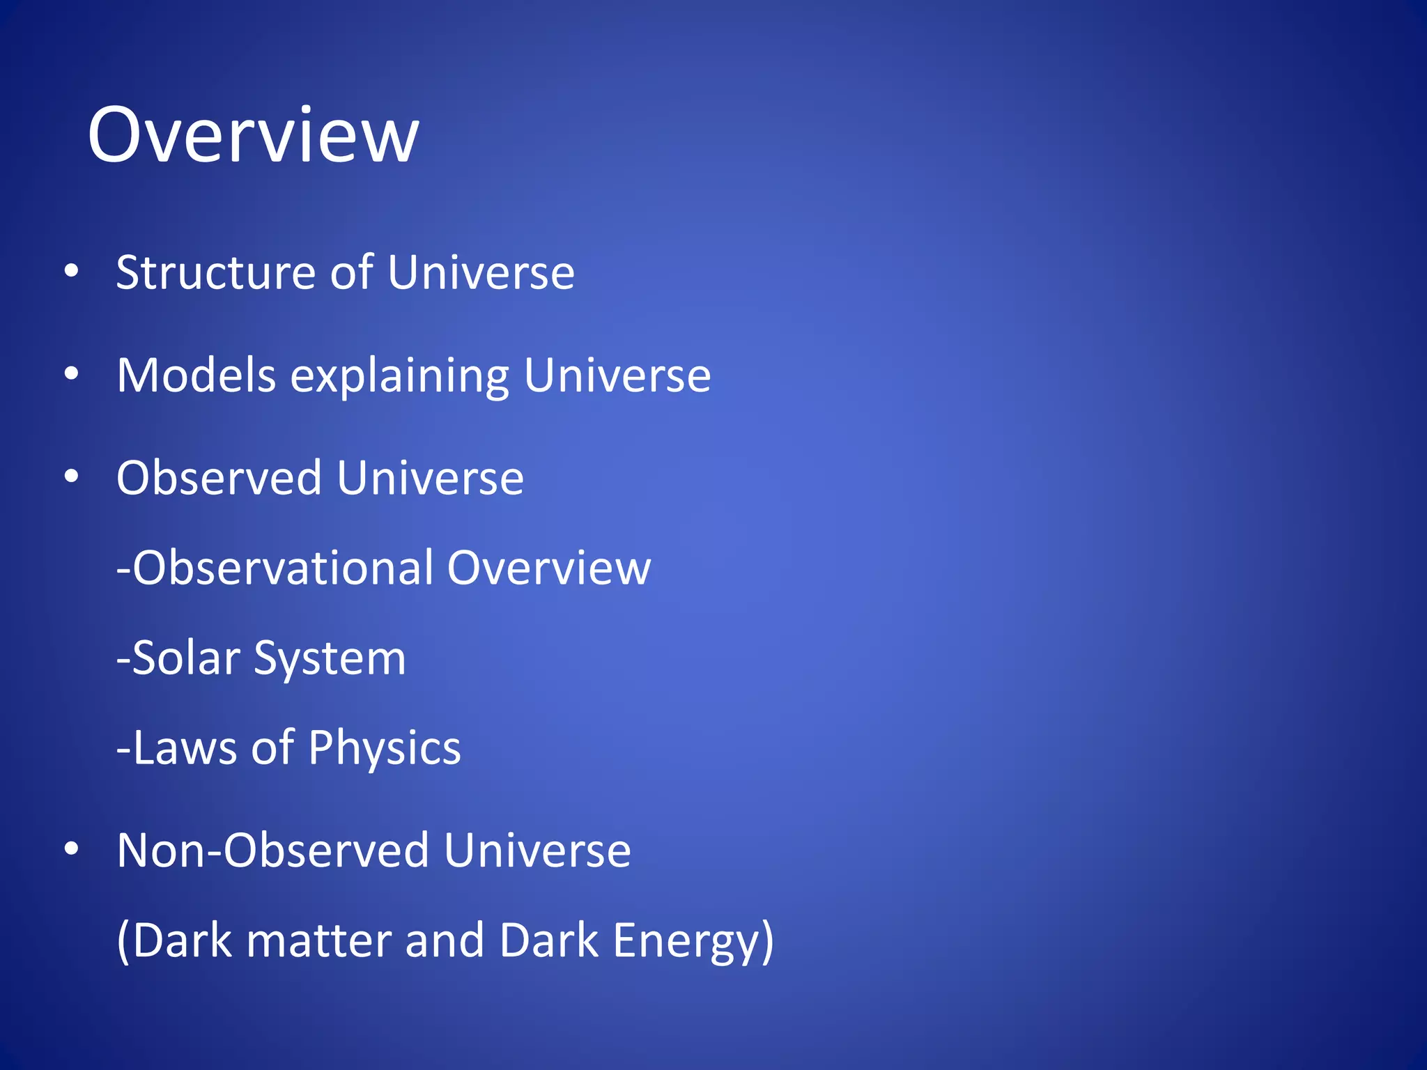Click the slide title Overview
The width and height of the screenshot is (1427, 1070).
254,135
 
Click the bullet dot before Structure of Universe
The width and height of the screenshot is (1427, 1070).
71,272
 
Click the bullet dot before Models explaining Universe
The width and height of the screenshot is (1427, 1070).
71,375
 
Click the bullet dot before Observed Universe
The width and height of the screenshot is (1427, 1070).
71,477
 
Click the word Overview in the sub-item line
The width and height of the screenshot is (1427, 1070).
549,568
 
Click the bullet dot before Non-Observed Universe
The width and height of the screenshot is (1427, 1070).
71,849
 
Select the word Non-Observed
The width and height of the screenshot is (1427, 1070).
272,851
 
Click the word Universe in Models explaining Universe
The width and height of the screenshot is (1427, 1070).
617,375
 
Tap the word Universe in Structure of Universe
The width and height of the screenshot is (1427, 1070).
481,272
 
